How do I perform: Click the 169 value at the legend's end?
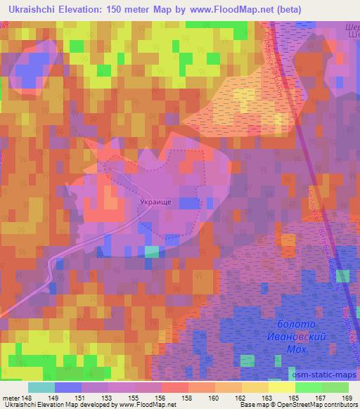pos(347,398)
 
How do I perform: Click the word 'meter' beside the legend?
pos(9,398)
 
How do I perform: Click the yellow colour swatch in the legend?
pos(281,387)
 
